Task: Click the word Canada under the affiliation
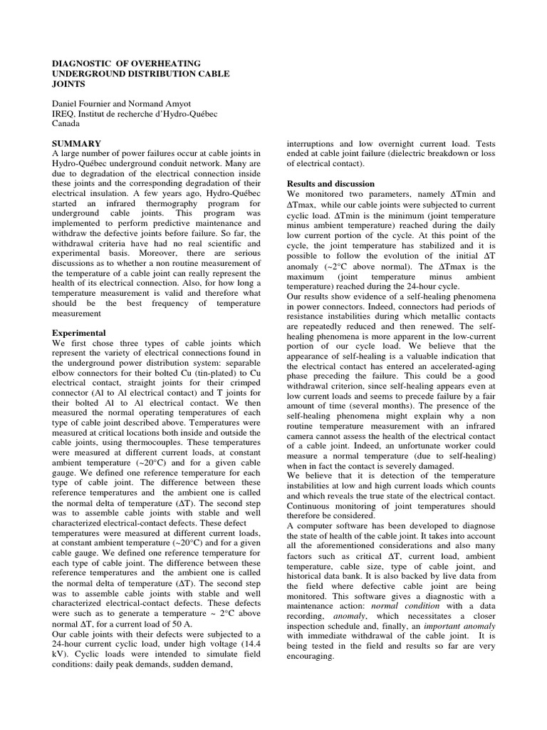pos(68,123)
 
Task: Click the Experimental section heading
pos(80,332)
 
